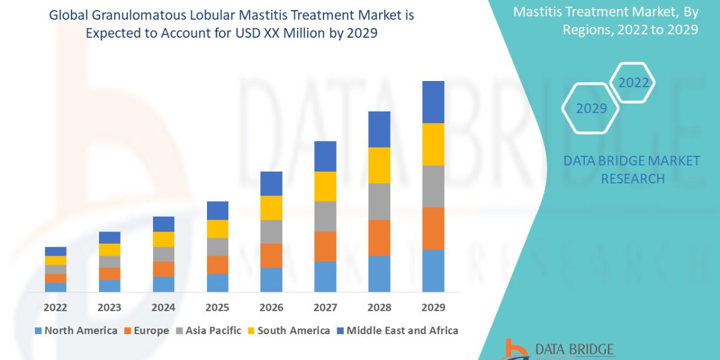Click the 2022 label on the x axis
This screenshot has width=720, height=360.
click(55, 307)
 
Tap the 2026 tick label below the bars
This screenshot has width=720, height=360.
click(271, 307)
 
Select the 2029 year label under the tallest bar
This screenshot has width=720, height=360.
click(433, 307)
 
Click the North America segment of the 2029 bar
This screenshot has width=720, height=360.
click(433, 271)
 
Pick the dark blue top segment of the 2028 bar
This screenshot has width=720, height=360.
click(379, 129)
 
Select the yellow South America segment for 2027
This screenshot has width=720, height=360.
click(325, 186)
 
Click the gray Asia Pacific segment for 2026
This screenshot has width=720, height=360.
click(271, 231)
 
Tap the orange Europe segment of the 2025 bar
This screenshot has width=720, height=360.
click(217, 265)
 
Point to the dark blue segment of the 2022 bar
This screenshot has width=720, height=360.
click(55, 251)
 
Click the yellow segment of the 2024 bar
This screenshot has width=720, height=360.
click(163, 239)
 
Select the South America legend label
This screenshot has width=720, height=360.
click(293, 330)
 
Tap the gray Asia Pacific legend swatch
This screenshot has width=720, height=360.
click(179, 331)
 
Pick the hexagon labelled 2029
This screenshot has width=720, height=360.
click(590, 109)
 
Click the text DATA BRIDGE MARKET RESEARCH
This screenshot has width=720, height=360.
click(632, 169)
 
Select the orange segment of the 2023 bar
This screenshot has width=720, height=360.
click(109, 274)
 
